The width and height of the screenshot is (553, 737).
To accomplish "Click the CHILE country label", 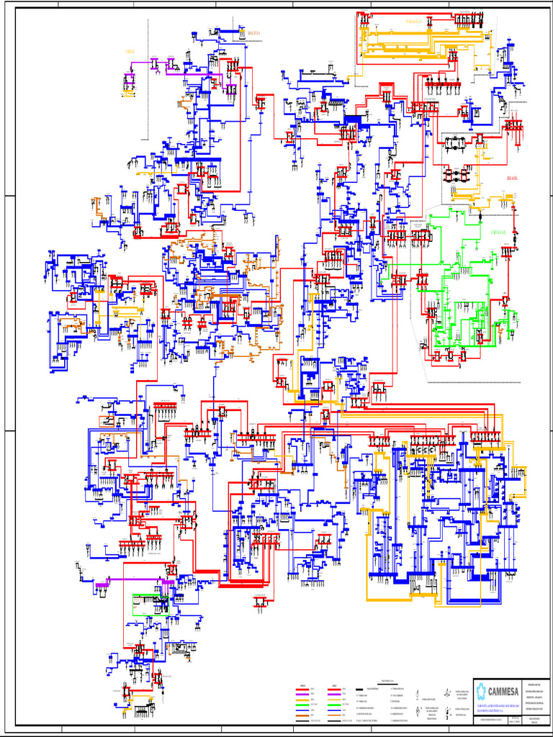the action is point(130,52).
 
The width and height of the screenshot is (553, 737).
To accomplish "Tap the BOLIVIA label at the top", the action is point(255,34).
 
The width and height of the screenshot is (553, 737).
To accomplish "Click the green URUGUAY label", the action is point(498,233).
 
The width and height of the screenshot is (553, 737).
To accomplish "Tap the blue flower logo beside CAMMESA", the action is point(481,691).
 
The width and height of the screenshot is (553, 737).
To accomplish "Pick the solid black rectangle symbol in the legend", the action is point(359,689).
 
